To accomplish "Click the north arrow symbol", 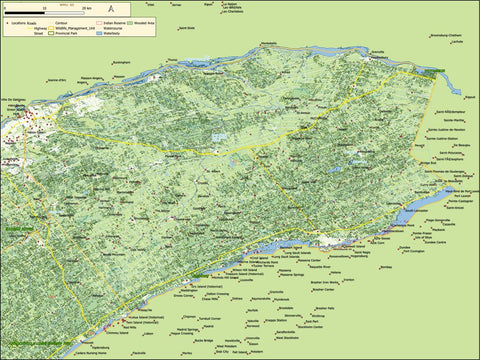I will point(111,9).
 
